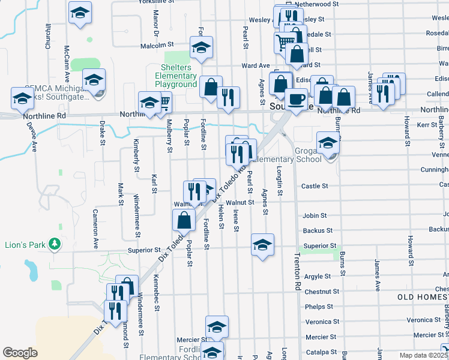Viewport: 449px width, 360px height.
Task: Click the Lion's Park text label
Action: pos(22,244)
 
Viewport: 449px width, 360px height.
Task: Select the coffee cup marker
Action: pos(295,100)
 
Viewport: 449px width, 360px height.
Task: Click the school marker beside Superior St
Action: pos(262,245)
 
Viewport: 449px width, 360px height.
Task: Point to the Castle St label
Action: pos(315,186)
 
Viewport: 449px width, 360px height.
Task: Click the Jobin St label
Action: pos(315,215)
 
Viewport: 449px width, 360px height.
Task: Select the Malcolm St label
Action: pos(157,44)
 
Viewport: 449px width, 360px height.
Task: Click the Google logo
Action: pos(20,353)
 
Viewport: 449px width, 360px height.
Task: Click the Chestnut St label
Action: pos(318,292)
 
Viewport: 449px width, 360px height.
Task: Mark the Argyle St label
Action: pos(318,277)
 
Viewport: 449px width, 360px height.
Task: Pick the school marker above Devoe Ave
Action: pos(22,98)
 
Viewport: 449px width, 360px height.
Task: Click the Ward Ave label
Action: pos(256,65)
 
